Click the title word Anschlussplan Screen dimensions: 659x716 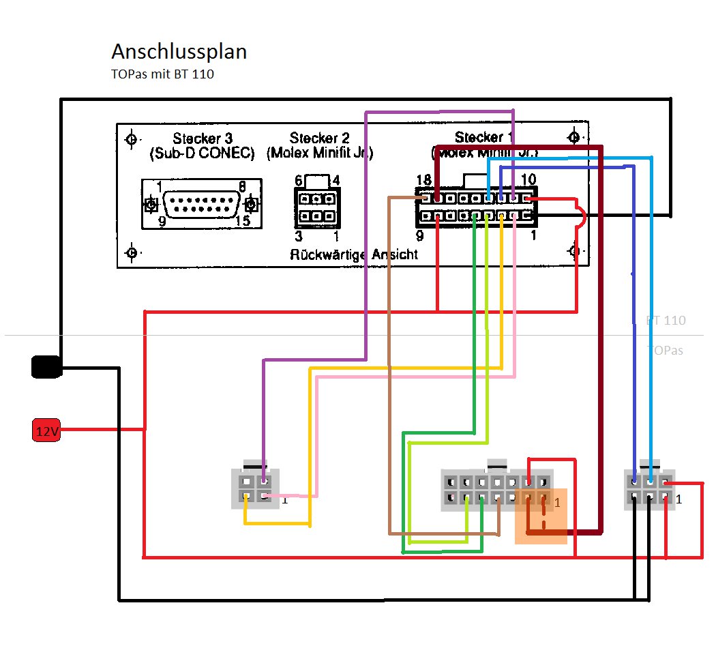[179, 52]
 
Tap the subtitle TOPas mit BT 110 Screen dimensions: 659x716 [162, 74]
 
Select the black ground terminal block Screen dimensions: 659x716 [46, 366]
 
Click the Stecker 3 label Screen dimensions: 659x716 [202, 138]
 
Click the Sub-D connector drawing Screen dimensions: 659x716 [202, 204]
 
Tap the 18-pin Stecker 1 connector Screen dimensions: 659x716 [476, 207]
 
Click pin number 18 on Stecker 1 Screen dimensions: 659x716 [423, 179]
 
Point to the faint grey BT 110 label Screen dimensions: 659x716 [666, 321]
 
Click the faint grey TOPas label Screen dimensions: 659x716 [665, 351]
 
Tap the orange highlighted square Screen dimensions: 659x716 [541, 516]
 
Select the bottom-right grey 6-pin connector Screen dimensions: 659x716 [650, 489]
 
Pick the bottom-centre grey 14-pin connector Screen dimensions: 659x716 [496, 490]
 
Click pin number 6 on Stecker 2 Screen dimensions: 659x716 [298, 180]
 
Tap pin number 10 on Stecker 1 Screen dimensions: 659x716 [528, 179]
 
